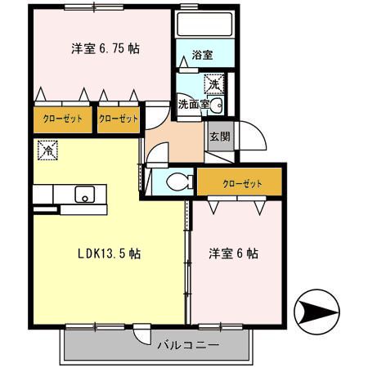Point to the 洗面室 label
click(x=193, y=105)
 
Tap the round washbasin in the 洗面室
click(x=217, y=105)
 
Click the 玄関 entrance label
click(x=217, y=137)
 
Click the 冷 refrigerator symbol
click(x=48, y=150)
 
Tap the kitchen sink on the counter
click(x=84, y=194)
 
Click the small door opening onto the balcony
click(x=143, y=334)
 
